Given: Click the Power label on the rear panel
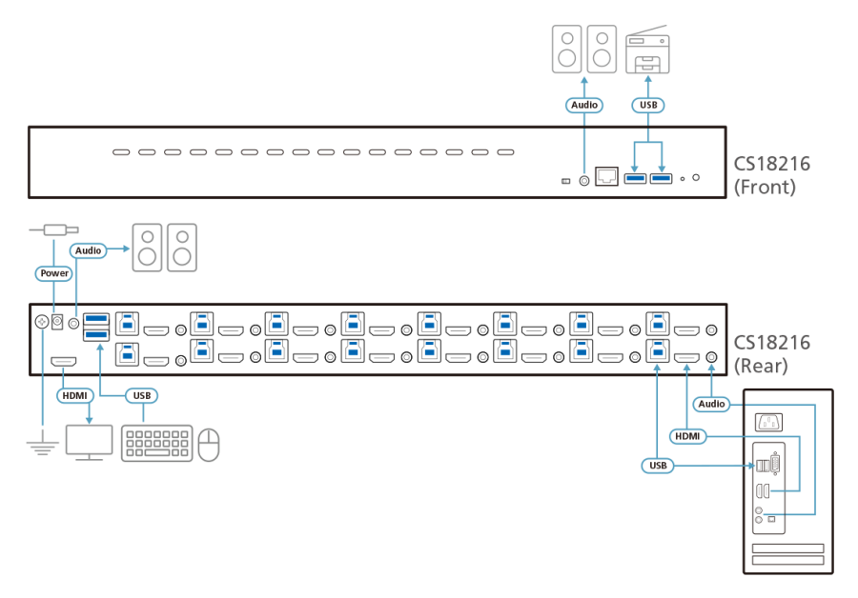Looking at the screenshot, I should [53, 273].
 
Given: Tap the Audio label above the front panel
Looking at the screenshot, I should [583, 105].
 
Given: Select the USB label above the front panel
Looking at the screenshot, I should [648, 105].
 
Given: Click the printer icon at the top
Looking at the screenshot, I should [647, 50].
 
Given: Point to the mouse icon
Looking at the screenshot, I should [209, 444].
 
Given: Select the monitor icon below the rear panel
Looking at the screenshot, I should [89, 443].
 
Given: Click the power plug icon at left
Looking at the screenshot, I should [53, 229].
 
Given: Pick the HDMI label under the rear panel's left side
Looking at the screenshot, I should [74, 394].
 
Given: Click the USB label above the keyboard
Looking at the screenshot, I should [141, 394].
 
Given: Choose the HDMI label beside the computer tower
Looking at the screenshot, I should [687, 435].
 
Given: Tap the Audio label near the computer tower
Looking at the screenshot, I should [711, 404].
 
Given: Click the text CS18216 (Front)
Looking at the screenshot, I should [771, 175].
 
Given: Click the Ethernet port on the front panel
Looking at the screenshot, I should [606, 176].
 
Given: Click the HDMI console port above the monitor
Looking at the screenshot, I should [65, 363].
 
